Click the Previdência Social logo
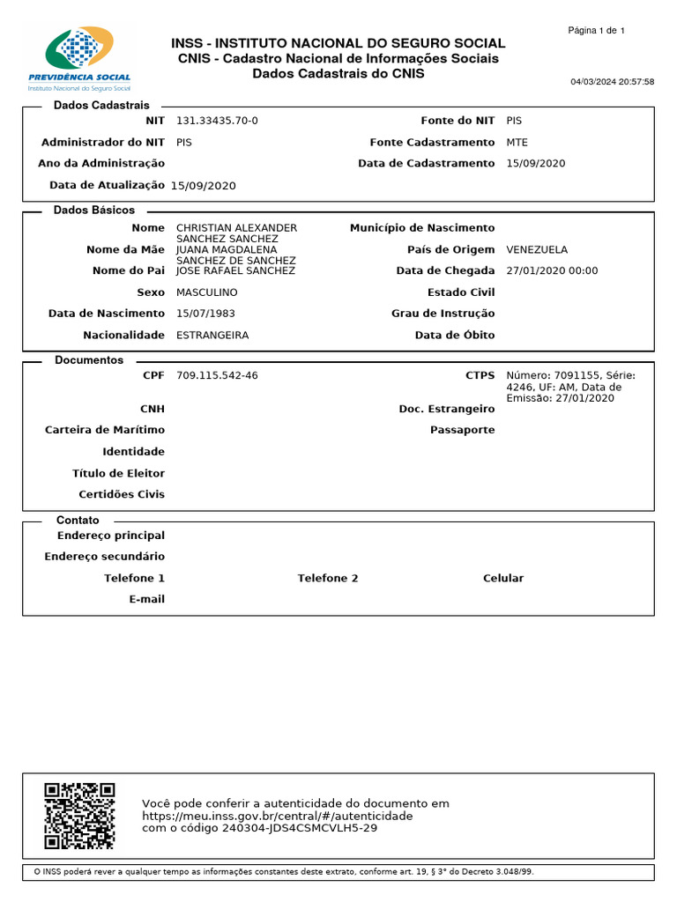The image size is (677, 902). coord(79,59)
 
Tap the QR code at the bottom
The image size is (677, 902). coord(79,816)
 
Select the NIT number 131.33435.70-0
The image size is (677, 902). coord(217,121)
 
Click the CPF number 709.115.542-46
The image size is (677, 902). coord(217,375)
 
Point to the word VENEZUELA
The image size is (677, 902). coord(537,249)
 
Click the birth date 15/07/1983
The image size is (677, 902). coord(205,313)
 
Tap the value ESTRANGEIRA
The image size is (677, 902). coord(212,335)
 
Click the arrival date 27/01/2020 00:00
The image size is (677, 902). coord(552,270)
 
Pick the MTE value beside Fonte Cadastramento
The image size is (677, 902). coord(517,142)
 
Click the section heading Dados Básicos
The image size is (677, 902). coord(94,211)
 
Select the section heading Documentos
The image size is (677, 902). coord(89,360)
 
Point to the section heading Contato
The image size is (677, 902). coord(78,521)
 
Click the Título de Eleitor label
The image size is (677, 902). coord(118,473)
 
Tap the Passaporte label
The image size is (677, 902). coord(462,430)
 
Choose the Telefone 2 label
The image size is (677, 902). coord(328,578)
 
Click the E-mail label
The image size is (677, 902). coord(146,599)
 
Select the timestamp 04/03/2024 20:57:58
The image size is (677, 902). coord(612,82)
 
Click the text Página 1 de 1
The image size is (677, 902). coord(596,31)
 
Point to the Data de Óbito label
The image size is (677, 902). coord(455,335)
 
